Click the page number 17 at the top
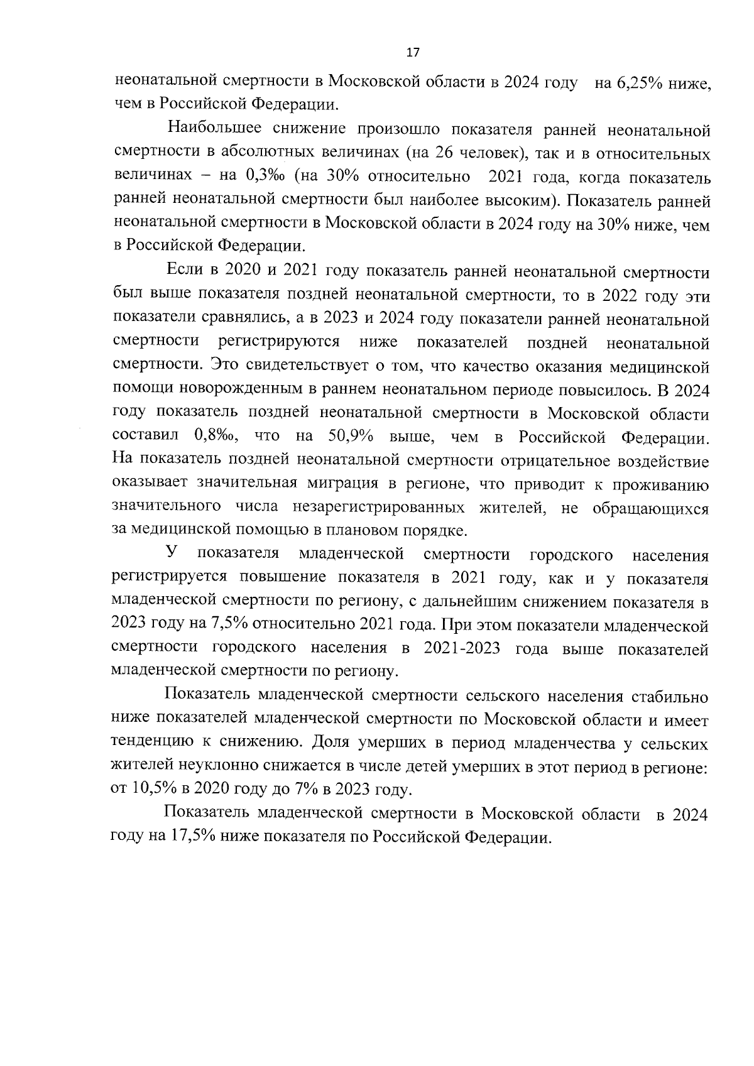(413, 53)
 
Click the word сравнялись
(248, 319)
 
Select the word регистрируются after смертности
(279, 342)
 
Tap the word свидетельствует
(300, 366)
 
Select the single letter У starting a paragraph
(171, 554)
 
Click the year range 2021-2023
(462, 649)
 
